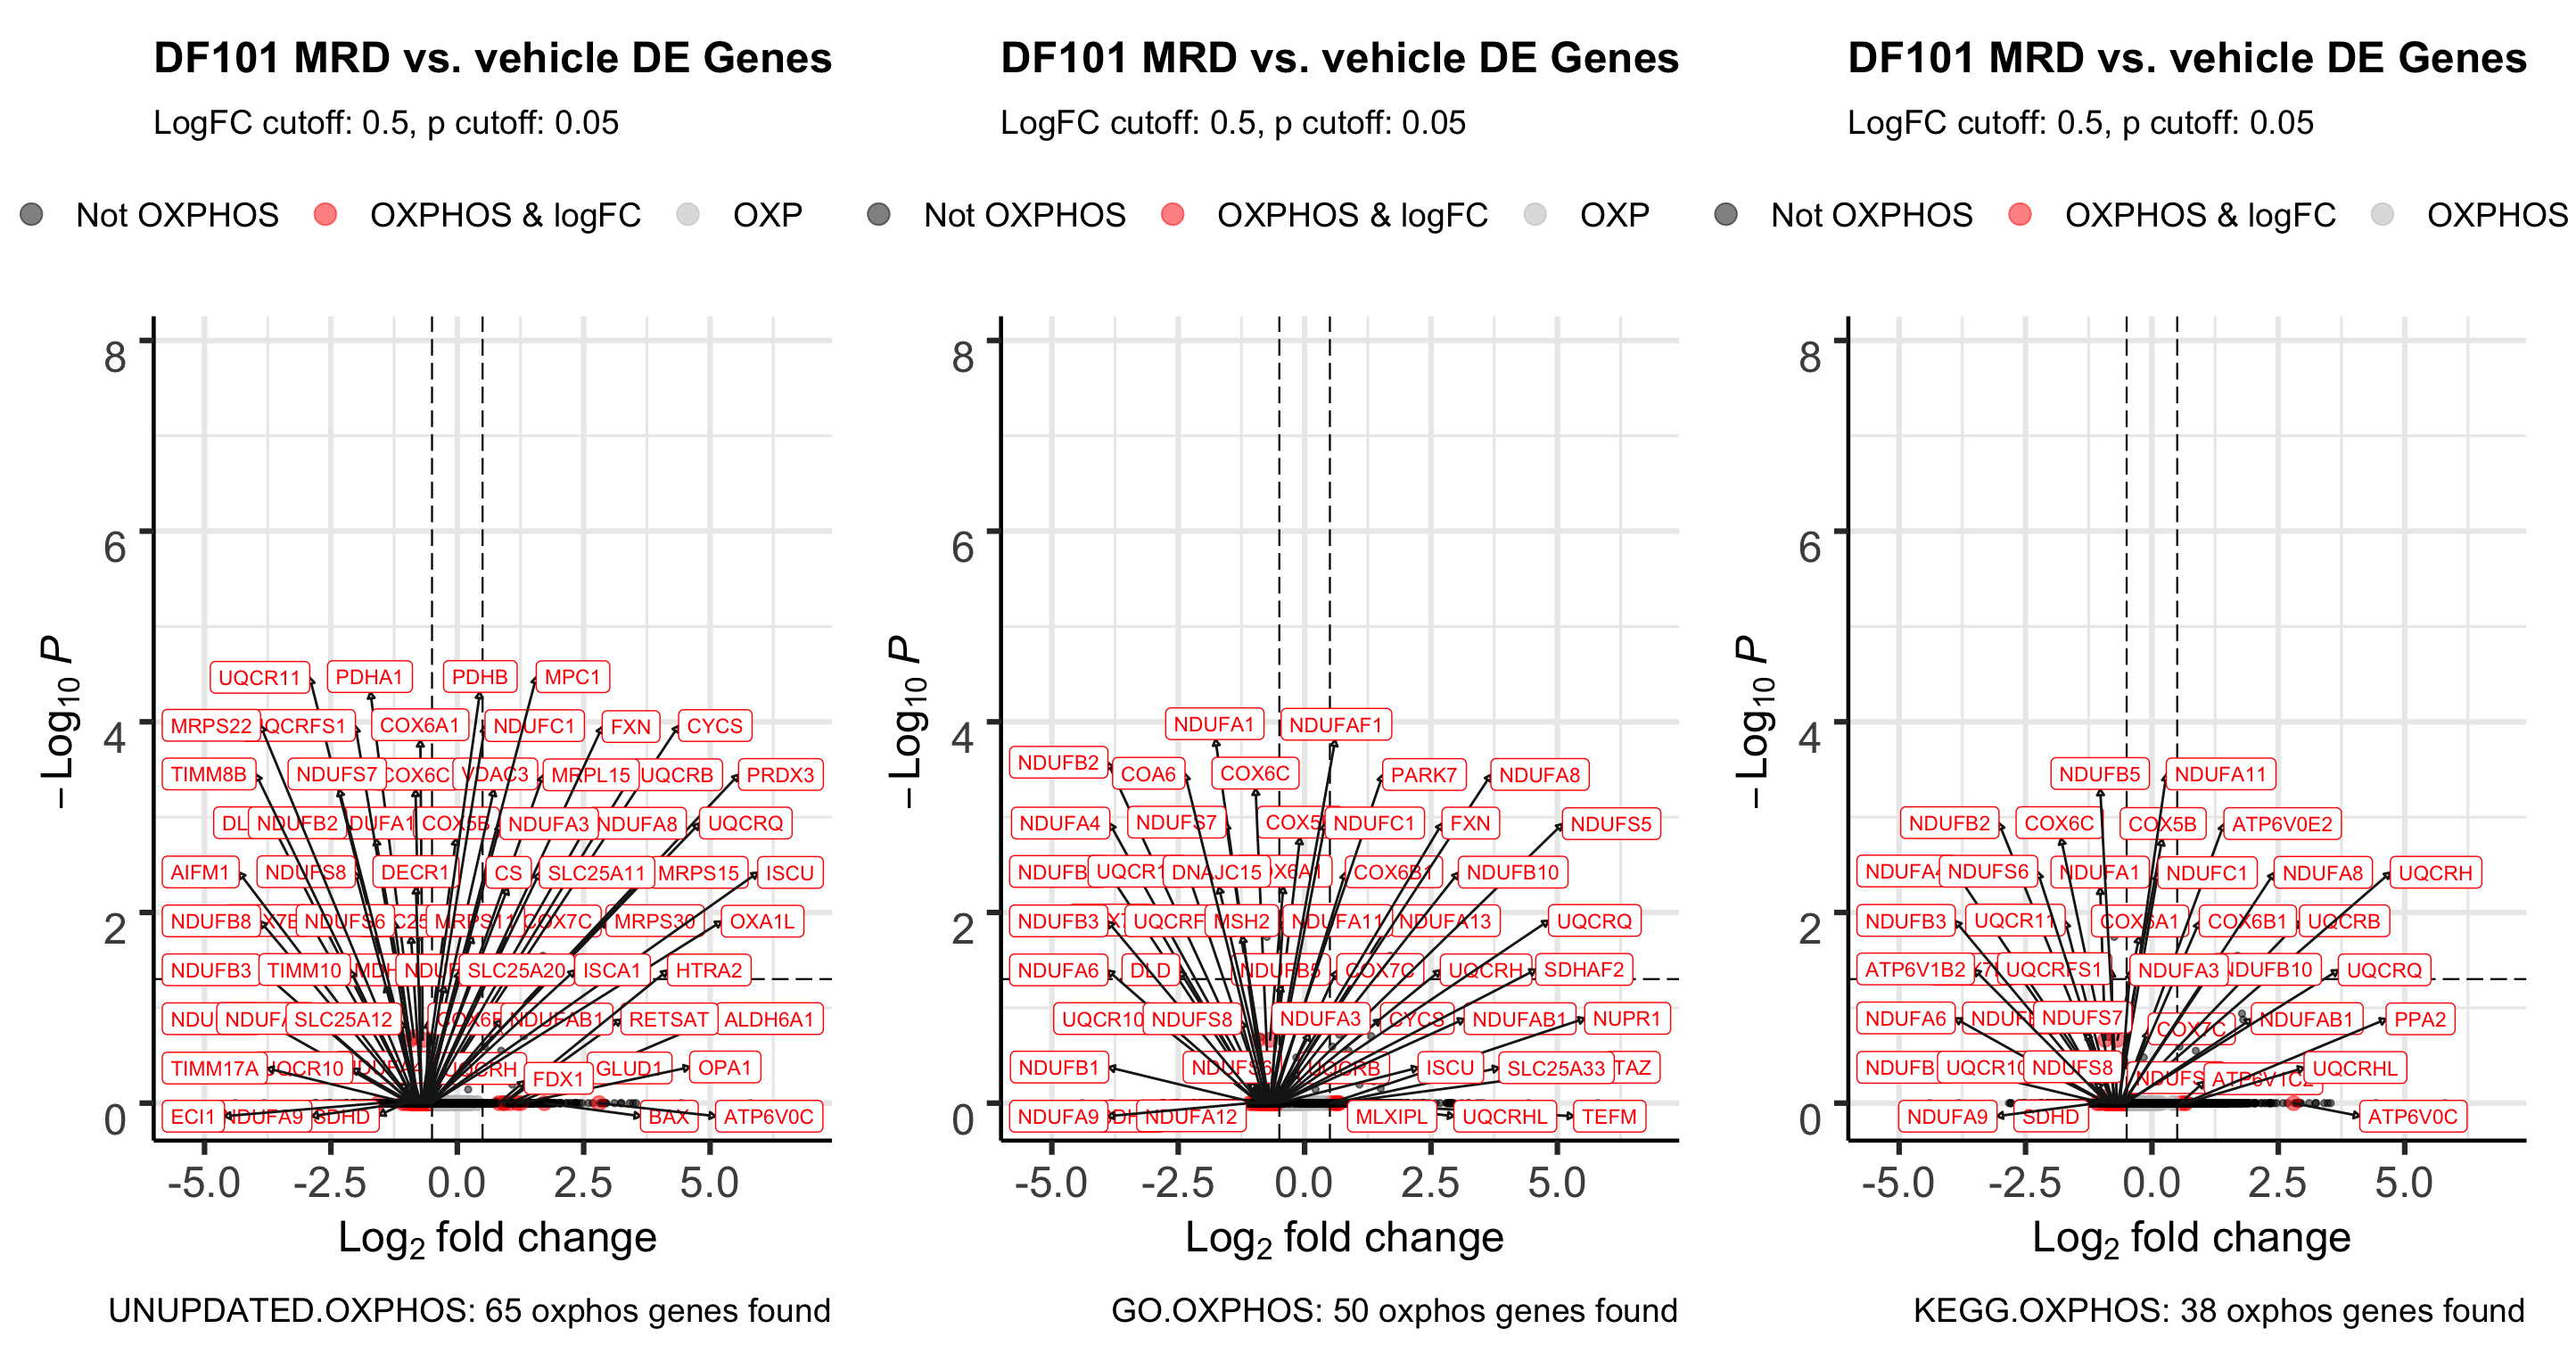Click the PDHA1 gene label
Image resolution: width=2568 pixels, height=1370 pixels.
[369, 677]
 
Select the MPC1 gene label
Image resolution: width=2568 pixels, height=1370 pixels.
[572, 677]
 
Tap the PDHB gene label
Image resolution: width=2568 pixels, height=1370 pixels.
[480, 677]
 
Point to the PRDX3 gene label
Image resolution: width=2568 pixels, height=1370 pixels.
[779, 775]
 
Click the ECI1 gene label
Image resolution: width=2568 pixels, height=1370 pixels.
[193, 1117]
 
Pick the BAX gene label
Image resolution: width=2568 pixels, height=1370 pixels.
[668, 1117]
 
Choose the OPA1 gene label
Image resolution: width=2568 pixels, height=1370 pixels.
[724, 1068]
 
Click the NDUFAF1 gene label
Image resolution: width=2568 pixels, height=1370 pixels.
[1335, 725]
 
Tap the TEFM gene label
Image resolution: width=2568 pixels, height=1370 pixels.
[1608, 1117]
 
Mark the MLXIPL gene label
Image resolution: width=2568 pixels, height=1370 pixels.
[1391, 1117]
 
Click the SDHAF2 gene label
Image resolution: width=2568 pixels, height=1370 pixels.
[1583, 970]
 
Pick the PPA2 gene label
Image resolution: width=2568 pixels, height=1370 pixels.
[2419, 1019]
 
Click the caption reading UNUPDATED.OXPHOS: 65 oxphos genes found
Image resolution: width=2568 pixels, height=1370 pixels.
[468, 1310]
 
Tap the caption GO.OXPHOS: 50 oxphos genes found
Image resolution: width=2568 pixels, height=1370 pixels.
[1394, 1310]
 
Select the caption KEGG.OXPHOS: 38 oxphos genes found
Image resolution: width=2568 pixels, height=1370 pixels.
[2218, 1310]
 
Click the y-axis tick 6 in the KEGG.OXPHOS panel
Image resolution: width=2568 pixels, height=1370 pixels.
[1808, 548]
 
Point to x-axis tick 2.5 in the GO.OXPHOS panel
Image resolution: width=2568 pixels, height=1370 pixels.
[1429, 1184]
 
